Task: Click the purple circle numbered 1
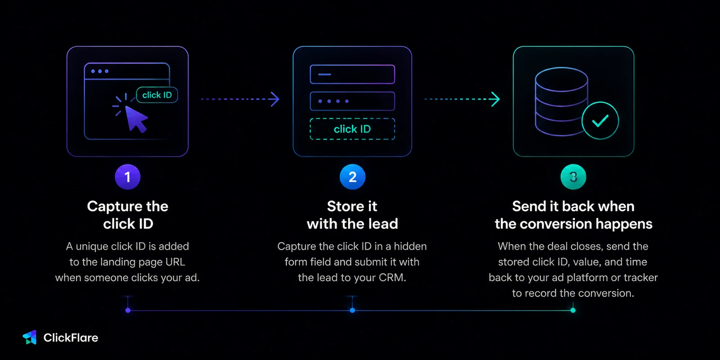(128, 177)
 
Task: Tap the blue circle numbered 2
(352, 177)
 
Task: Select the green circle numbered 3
(573, 177)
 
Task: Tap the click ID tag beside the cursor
(157, 95)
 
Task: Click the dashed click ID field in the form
(352, 129)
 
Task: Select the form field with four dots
(352, 101)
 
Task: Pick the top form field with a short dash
(352, 74)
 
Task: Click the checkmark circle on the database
(600, 121)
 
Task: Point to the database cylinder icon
(562, 101)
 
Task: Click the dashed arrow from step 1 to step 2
(240, 99)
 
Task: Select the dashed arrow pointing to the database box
(462, 99)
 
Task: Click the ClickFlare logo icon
(30, 337)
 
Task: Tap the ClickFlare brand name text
(71, 337)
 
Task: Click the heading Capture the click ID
(128, 215)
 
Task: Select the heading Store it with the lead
(352, 215)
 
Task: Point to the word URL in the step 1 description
(175, 262)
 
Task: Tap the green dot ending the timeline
(573, 310)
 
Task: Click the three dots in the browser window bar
(99, 71)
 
